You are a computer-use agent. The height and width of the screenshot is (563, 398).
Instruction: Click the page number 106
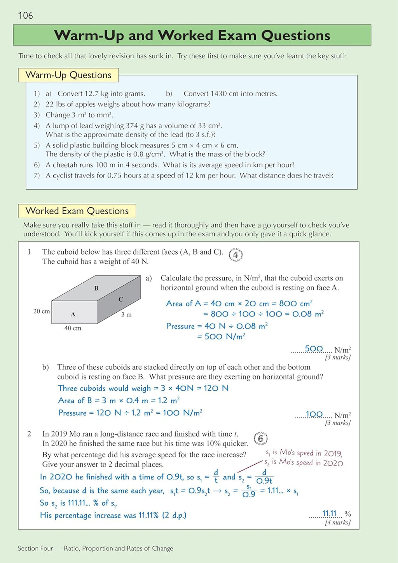click(x=25, y=16)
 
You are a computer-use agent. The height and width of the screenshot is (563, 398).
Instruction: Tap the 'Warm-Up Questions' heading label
click(x=68, y=75)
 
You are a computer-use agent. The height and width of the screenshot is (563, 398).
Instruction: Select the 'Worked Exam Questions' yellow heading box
click(x=77, y=211)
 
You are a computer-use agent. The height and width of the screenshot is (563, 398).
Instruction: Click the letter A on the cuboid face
click(x=73, y=314)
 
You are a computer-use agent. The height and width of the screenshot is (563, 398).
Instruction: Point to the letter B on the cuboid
click(x=96, y=288)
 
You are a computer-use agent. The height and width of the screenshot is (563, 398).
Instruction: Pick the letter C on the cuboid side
click(x=121, y=299)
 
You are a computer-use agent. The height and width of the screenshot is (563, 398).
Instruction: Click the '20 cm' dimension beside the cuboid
click(x=42, y=311)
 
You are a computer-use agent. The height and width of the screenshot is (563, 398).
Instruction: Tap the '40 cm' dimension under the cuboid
click(x=73, y=328)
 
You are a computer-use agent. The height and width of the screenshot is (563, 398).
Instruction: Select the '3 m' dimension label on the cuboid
click(x=126, y=315)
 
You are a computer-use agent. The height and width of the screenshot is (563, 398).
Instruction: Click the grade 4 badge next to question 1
click(x=236, y=255)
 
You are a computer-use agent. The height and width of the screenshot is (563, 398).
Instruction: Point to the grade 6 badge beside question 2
click(x=260, y=439)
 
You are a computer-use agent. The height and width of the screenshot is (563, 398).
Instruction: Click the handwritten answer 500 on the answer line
click(x=314, y=349)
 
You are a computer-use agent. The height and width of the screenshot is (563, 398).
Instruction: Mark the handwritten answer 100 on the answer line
click(x=314, y=414)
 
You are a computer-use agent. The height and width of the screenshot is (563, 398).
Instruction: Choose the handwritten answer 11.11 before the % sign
click(x=329, y=514)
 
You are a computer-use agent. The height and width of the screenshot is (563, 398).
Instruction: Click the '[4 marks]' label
click(x=337, y=523)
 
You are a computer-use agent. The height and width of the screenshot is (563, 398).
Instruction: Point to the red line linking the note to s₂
click(x=250, y=467)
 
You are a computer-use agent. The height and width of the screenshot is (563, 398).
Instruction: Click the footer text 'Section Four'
click(x=35, y=548)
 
